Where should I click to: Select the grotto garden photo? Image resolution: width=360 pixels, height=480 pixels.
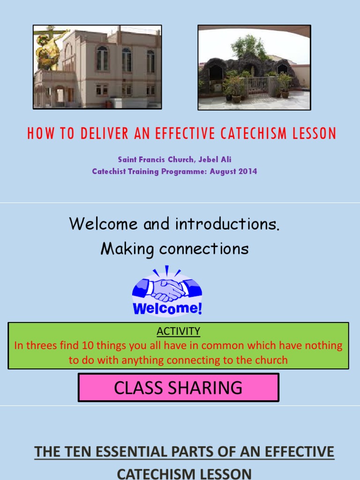tap(254, 67)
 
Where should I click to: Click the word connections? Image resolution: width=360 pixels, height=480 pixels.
tap(204, 249)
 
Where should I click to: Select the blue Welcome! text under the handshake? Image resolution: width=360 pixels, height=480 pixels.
tap(167, 309)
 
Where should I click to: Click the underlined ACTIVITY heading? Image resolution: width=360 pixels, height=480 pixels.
tap(179, 331)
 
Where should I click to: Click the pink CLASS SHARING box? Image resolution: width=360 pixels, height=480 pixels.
tap(179, 388)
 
